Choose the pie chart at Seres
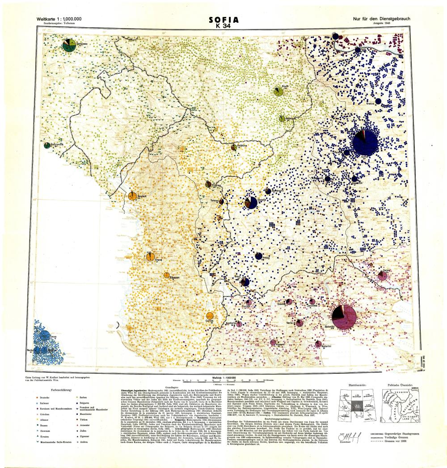pyautogui.click(x=382, y=276)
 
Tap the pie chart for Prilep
pyautogui.click(x=258, y=256)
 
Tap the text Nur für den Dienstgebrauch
pyautogui.click(x=381, y=18)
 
